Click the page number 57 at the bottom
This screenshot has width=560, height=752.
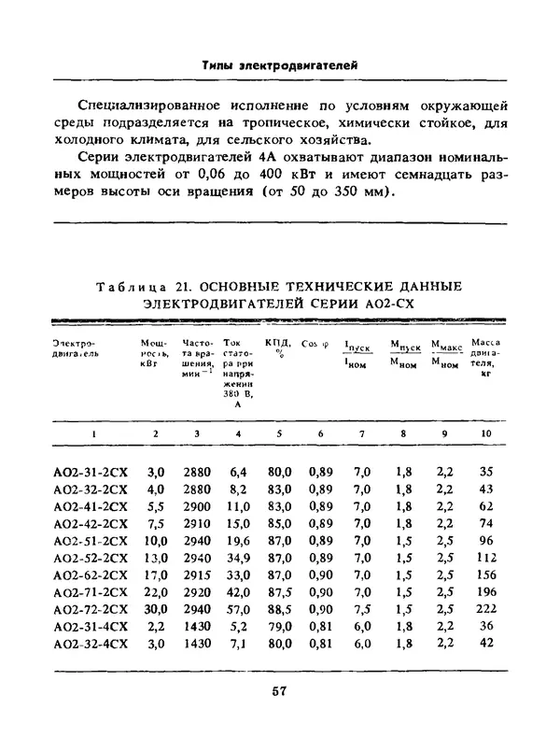click(278, 692)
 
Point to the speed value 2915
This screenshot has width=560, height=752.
click(197, 575)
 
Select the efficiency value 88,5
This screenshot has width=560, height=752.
click(280, 609)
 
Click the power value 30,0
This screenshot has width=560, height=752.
click(155, 609)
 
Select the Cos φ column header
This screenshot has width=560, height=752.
click(315, 343)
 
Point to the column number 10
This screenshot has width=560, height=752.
click(485, 434)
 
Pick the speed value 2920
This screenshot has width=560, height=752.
click(197, 592)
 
